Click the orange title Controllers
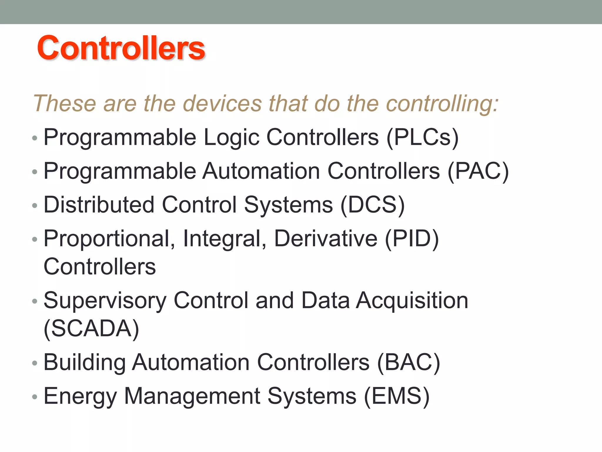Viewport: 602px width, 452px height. click(x=121, y=48)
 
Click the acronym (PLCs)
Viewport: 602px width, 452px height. click(x=422, y=137)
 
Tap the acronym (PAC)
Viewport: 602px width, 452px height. click(x=478, y=171)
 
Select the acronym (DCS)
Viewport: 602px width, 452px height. click(x=372, y=205)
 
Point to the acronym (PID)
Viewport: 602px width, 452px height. click(x=412, y=239)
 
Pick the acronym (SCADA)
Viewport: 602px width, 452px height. click(x=91, y=329)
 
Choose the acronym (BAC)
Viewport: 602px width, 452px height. click(x=408, y=363)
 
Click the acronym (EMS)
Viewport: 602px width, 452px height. click(x=397, y=396)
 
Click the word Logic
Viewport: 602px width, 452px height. click(x=232, y=137)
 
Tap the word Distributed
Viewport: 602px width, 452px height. click(x=99, y=205)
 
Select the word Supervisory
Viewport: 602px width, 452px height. click(x=105, y=301)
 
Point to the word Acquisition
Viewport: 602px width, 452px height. click(x=412, y=301)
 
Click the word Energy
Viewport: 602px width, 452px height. click(x=80, y=396)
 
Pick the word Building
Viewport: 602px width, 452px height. click(x=85, y=363)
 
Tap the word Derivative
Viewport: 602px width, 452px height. click(x=326, y=239)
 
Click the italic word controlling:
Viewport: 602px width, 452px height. click(x=442, y=104)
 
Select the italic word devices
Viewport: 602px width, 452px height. click(x=222, y=104)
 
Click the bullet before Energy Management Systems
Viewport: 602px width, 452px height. click(x=35, y=397)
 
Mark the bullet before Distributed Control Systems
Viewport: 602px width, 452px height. click(x=35, y=206)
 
